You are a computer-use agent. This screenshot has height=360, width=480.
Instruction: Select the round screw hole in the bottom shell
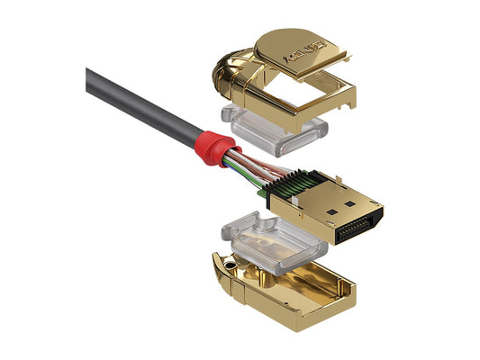click(234, 268)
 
